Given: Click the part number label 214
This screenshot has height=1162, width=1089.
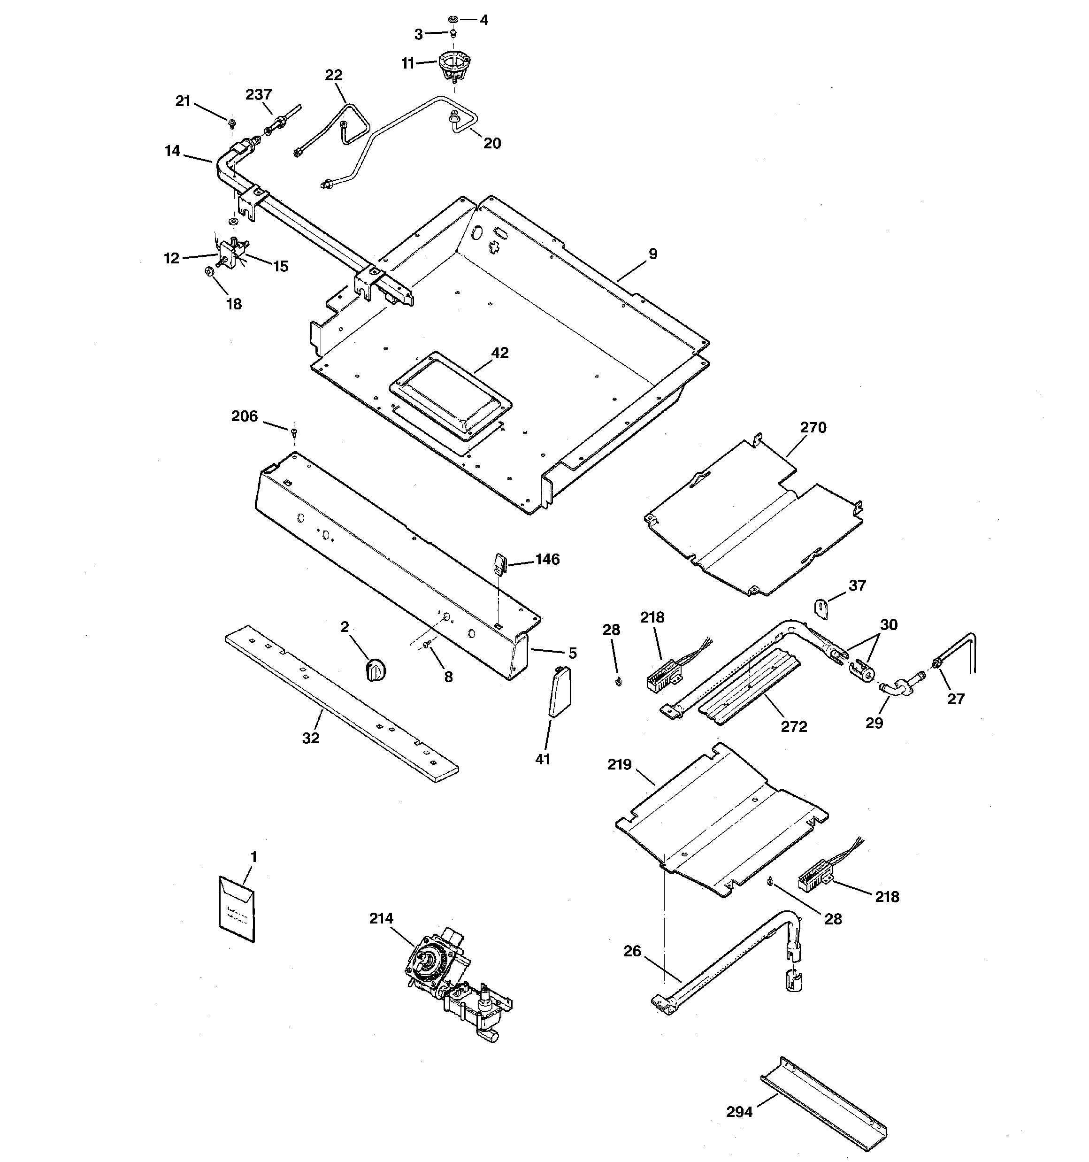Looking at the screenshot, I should [x=381, y=918].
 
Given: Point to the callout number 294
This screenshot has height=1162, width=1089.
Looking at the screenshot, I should [x=739, y=1112].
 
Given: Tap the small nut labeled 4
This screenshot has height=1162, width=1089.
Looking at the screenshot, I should [x=453, y=19].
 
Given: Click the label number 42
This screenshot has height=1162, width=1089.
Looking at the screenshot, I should [x=500, y=353].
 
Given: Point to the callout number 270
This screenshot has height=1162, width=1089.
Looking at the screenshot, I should [x=813, y=427].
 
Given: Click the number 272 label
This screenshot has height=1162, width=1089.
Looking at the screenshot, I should [x=794, y=726].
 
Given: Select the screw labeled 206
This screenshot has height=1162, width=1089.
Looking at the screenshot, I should [x=293, y=431].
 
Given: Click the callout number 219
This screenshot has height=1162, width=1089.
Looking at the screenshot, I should [x=620, y=764].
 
